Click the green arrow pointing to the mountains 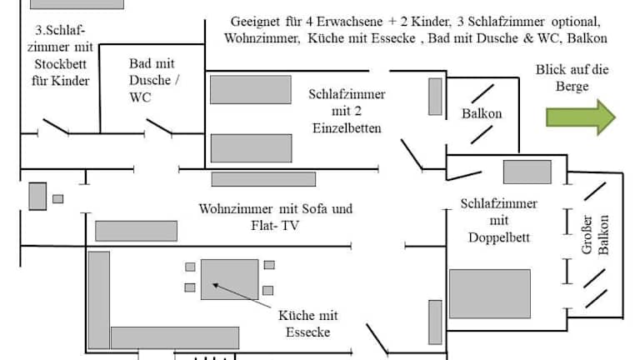(x=581, y=117)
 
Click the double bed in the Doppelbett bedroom (x=490, y=293)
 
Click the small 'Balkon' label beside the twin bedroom (x=482, y=113)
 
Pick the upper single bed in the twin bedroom (x=250, y=89)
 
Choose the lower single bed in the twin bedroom (x=251, y=147)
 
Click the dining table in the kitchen (x=229, y=279)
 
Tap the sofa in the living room (x=136, y=231)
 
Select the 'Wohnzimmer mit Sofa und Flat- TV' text (x=275, y=217)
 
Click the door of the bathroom (x=159, y=127)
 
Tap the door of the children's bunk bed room (x=56, y=127)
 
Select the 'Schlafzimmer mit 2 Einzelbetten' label (x=347, y=111)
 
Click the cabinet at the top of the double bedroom (x=527, y=172)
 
